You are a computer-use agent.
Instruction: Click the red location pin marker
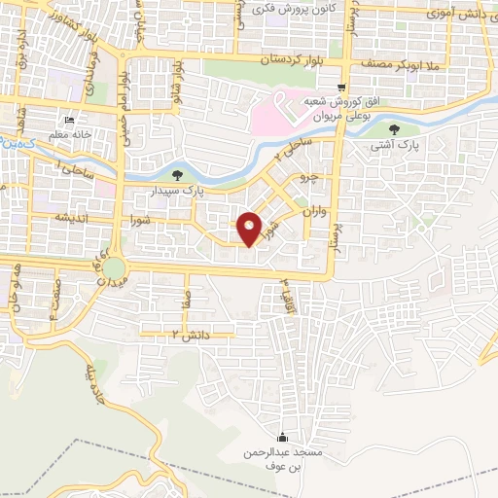point(250,227)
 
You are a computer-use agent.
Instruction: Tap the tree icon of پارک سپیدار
point(176,175)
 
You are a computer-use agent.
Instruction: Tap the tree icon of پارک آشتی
point(393,129)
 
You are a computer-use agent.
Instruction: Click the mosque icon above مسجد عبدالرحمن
point(282,437)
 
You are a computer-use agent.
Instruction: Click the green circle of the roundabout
point(115,266)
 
